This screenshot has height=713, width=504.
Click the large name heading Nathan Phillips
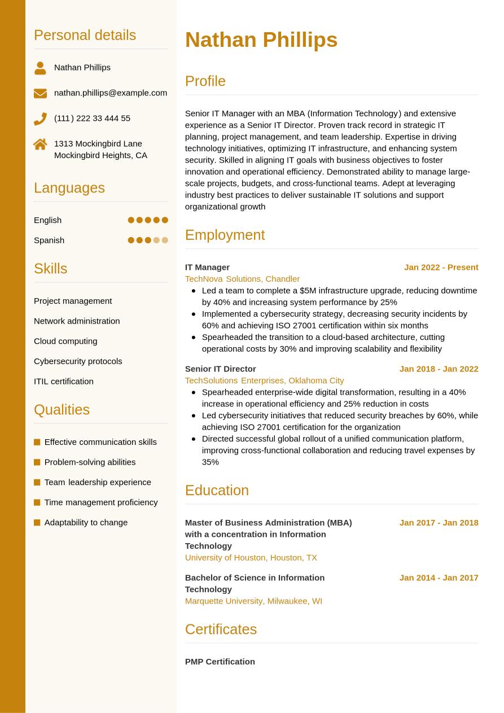tap(261, 40)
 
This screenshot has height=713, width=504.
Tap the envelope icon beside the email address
tap(40, 93)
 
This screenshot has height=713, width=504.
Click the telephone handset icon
tap(40, 119)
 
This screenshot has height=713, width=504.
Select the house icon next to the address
tap(40, 144)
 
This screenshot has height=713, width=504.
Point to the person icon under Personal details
tap(40, 68)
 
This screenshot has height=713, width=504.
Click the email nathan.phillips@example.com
tap(111, 93)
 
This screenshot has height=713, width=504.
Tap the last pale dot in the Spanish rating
tap(165, 240)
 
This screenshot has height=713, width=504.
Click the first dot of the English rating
tap(131, 220)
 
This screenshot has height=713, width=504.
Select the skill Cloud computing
tap(65, 341)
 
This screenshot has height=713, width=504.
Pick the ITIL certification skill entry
tap(64, 381)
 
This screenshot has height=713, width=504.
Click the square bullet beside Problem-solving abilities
tap(37, 462)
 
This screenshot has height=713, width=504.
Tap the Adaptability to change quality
tap(86, 522)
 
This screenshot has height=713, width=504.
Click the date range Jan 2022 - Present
tap(441, 267)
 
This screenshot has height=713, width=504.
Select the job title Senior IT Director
tap(220, 369)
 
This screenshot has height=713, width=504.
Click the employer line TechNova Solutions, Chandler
tap(242, 279)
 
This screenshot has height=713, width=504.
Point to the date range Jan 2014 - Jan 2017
tap(439, 578)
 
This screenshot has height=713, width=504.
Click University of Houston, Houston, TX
tap(251, 557)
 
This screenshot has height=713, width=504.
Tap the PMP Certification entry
tap(220, 662)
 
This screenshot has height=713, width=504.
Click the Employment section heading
tap(225, 235)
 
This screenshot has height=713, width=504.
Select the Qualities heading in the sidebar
tap(62, 410)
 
